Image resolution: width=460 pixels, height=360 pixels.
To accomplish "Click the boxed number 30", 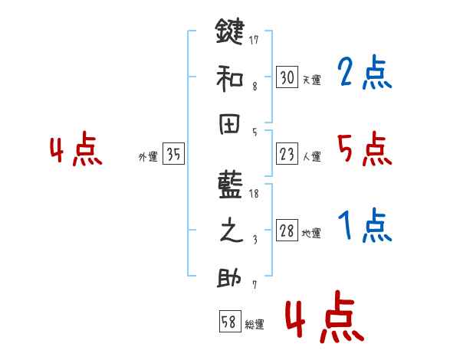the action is coord(287,77).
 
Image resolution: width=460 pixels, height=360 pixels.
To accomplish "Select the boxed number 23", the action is coord(287,155).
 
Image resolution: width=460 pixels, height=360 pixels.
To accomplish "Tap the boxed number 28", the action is coord(287,231).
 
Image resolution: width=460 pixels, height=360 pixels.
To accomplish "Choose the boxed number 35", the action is coord(173,155).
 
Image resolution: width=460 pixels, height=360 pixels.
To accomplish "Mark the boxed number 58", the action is coord(229,322).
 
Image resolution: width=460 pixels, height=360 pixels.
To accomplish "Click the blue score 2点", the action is coord(364,74).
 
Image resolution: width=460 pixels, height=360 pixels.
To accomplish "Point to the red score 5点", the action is coord(364,150).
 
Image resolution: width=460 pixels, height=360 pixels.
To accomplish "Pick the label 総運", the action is coord(255,325).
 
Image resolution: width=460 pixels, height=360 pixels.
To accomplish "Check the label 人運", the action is coord(311,157).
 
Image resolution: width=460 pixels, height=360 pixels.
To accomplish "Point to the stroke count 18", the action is coord(255,193).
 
